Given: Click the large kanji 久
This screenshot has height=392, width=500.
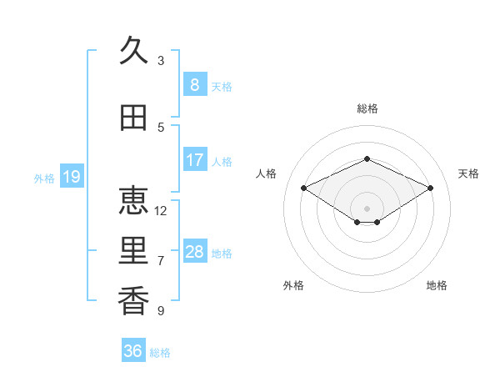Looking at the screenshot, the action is (x=133, y=50).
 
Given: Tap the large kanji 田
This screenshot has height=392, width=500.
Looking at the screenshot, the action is (x=133, y=118).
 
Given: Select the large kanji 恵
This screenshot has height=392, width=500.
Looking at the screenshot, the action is (x=133, y=200).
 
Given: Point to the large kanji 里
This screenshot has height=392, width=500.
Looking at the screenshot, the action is (x=133, y=250).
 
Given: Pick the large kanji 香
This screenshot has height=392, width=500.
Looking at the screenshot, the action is (x=133, y=301).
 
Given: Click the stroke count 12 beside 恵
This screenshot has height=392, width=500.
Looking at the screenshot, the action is (x=160, y=211).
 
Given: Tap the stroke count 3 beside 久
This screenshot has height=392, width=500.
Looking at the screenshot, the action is (x=161, y=61).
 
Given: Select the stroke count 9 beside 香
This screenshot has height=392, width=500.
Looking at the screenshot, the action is (x=161, y=310).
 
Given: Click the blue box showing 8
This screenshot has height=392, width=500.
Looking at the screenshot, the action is (x=195, y=84).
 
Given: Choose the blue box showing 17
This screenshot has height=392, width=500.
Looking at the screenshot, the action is (x=195, y=159).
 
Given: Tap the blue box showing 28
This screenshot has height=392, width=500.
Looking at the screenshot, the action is (x=195, y=250).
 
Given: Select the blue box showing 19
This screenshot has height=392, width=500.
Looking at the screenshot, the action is (x=72, y=176).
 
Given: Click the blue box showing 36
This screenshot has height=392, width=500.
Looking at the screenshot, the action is (x=133, y=349).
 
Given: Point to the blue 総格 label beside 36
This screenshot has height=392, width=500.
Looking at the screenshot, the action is (x=160, y=353).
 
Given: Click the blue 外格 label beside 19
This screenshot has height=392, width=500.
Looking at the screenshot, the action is (x=44, y=178).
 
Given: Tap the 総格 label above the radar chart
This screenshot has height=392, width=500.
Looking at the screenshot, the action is (x=367, y=108).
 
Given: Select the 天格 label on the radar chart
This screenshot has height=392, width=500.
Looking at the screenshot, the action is (x=468, y=173).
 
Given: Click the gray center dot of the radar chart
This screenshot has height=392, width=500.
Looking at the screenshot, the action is (x=367, y=209).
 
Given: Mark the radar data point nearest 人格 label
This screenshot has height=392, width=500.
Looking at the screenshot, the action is (x=303, y=188).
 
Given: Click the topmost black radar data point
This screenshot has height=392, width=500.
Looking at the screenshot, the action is (x=367, y=158).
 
